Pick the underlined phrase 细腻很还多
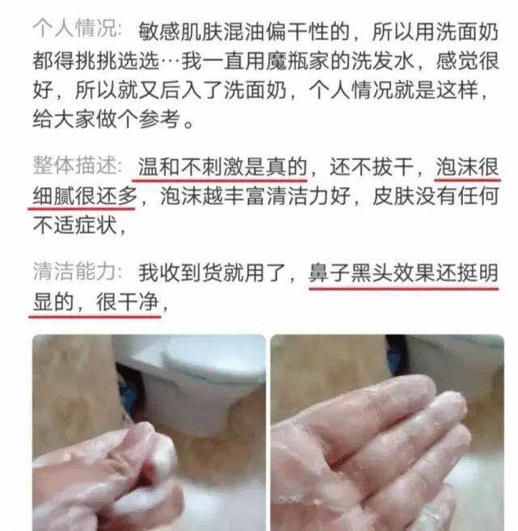pos(85,197)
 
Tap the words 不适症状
pos(73,226)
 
